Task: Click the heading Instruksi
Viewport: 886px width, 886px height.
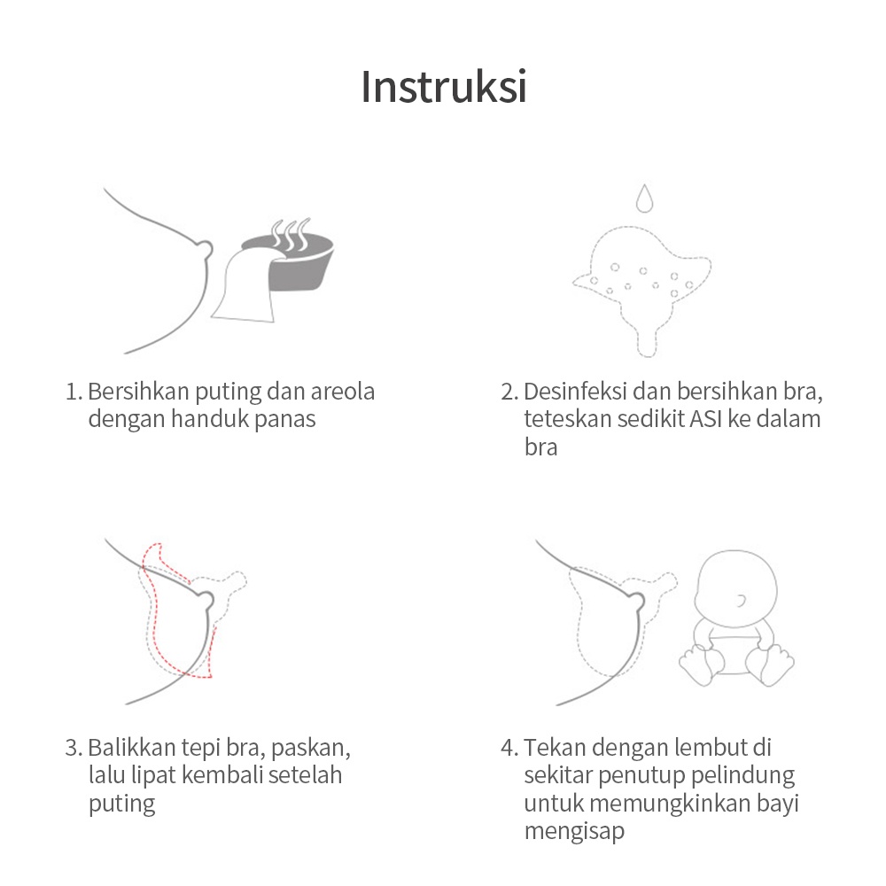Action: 444,87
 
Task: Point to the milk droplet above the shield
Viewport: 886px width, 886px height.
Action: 644,198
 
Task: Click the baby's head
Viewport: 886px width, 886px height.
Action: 735,588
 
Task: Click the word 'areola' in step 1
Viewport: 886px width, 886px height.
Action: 342,392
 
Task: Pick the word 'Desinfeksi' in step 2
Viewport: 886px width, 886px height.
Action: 575,392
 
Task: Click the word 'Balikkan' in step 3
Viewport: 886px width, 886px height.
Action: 132,748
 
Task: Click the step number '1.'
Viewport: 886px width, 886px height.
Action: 74,392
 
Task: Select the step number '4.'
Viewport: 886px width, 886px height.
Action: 509,748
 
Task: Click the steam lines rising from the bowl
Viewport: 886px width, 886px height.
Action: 291,234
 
